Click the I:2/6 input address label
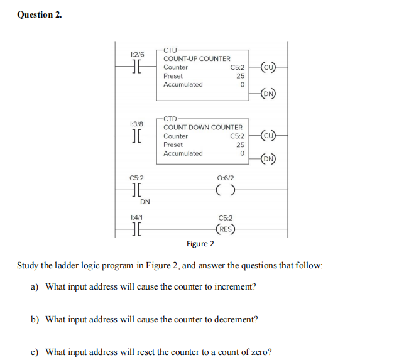click(137, 55)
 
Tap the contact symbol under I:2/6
click(137, 67)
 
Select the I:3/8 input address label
click(137, 124)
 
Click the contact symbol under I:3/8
click(137, 136)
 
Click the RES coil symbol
click(226, 229)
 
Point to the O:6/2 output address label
click(225, 178)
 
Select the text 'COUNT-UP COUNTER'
click(197, 58)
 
